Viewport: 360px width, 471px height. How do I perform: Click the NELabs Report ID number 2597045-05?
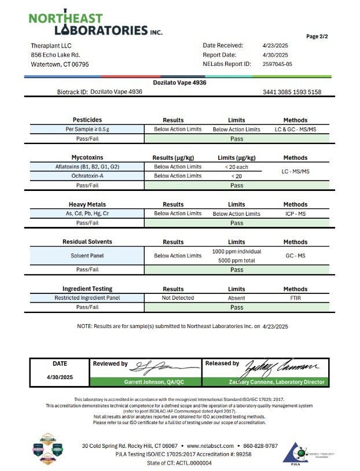277,64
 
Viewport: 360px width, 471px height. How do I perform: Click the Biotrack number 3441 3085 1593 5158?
292,92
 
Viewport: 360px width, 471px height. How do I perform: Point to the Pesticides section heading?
87,120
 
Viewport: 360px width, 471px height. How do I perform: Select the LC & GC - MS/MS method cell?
295,129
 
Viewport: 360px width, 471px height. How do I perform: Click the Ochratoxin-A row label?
87,176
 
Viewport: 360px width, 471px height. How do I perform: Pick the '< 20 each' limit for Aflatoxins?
237,167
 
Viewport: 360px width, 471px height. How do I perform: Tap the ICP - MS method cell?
295,214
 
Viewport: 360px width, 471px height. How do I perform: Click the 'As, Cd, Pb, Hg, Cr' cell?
87,214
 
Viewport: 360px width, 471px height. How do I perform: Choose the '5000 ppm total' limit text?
237,260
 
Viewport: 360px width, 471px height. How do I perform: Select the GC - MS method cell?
295,256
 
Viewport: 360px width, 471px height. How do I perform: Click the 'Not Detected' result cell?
178,298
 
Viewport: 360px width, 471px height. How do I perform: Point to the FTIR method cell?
295,298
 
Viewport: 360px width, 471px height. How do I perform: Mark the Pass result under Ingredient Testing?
237,307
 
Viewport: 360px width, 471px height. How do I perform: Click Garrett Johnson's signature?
156,367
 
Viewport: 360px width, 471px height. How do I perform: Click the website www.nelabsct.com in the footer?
211,446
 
